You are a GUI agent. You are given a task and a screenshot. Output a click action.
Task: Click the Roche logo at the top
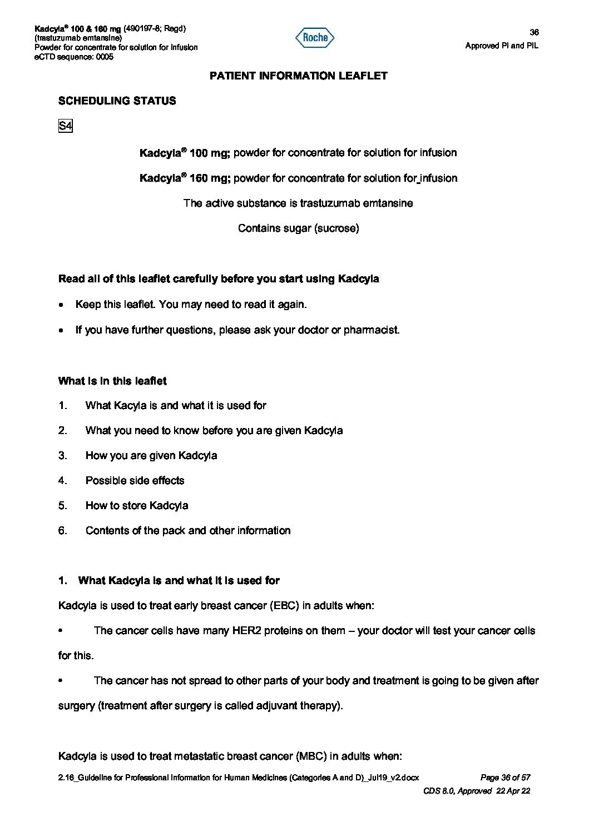[315, 38]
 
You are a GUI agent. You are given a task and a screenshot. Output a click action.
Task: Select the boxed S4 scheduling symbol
[65, 126]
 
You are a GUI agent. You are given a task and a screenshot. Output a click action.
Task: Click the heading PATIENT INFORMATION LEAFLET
[298, 76]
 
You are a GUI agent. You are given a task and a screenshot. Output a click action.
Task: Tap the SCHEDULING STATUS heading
[117, 101]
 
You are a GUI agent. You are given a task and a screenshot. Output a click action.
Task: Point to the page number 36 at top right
[534, 32]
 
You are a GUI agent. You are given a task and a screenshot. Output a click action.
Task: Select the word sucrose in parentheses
[336, 228]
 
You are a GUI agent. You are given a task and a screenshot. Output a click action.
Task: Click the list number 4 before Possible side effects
[62, 481]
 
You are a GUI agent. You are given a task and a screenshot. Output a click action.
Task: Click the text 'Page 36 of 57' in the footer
[505, 778]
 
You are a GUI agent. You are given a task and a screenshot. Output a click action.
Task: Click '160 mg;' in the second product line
[210, 178]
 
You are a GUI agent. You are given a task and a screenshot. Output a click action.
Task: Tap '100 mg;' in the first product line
[210, 153]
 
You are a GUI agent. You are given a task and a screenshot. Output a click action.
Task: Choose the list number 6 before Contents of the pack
[62, 531]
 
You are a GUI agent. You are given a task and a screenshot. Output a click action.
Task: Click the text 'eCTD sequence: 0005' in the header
[74, 57]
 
